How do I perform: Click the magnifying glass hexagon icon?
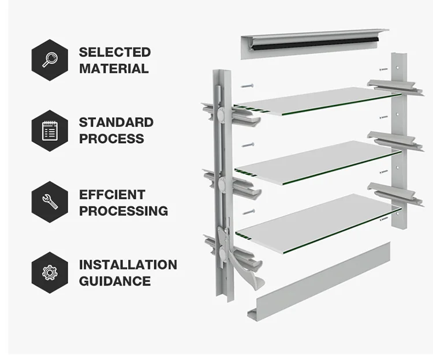(x=50, y=59)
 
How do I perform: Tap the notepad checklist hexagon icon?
(x=50, y=130)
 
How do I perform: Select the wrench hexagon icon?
(x=50, y=202)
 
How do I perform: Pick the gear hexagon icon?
(x=50, y=272)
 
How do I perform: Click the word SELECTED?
(x=115, y=52)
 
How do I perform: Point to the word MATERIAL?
(x=114, y=69)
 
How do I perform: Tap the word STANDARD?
(x=116, y=122)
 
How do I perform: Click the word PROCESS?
(x=111, y=138)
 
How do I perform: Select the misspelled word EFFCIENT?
(x=112, y=194)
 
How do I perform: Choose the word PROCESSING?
(x=124, y=211)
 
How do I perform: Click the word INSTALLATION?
(x=128, y=265)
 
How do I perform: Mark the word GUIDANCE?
(x=115, y=281)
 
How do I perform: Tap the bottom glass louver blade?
(x=318, y=216)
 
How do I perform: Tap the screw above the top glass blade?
(x=248, y=85)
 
